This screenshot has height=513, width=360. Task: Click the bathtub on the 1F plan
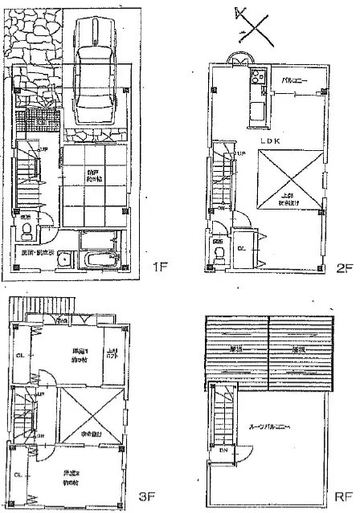coord(100,261)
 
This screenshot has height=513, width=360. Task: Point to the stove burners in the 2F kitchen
coord(260,78)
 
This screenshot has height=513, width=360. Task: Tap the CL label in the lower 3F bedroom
coord(20,475)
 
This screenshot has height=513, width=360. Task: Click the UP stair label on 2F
coord(239,153)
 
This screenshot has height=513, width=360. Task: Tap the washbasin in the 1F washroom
coord(66,260)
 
